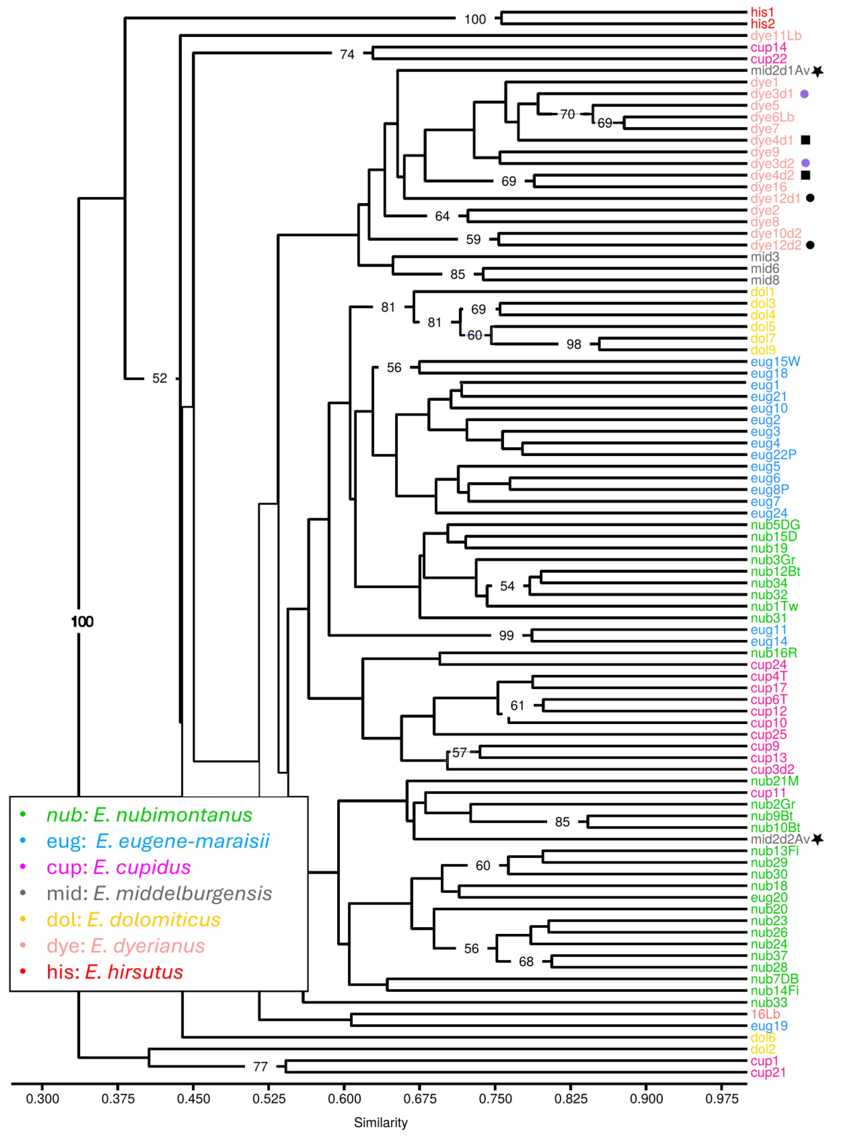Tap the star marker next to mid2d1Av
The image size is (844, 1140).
click(x=818, y=71)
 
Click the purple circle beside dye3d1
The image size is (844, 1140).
click(x=804, y=94)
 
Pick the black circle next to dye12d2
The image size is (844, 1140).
click(x=810, y=245)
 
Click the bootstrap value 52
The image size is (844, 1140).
click(x=159, y=379)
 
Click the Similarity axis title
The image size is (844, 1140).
click(x=381, y=1123)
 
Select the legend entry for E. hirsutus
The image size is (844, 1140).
click(x=114, y=972)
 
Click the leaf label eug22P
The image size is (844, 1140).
click(x=773, y=455)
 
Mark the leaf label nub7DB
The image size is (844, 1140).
click(x=774, y=979)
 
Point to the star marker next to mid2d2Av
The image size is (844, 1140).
click(x=818, y=839)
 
